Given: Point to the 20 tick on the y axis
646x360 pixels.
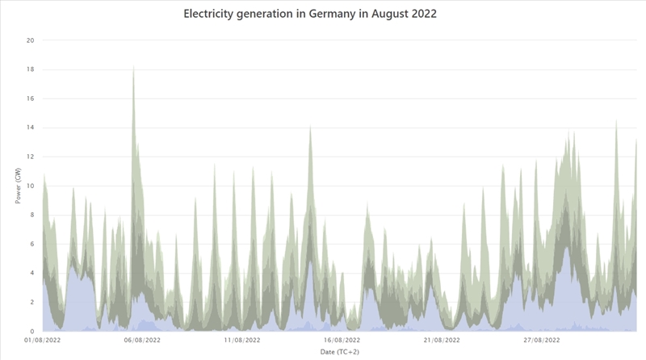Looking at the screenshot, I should click(31, 40).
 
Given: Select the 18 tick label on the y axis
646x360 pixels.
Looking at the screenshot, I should click(31, 69).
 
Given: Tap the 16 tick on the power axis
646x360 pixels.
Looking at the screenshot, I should click(31, 98).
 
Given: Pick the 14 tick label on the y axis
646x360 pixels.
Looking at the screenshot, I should click(31, 128).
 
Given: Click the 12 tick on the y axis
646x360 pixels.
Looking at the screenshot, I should click(31, 157).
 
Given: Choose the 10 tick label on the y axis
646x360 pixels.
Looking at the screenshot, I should click(31, 186).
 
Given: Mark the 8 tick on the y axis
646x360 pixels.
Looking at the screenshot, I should click(31, 215).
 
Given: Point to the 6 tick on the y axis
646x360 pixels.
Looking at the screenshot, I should click(31, 244).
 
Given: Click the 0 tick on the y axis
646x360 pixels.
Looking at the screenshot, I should click(31, 331).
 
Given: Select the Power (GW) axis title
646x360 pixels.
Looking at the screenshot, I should click(17, 186).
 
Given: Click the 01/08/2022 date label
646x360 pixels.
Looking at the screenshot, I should click(42, 341).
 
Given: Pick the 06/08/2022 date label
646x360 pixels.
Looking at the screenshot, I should click(142, 341).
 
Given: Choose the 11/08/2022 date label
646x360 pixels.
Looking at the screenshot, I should click(242, 341).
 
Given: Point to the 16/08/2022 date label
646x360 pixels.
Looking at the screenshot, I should click(342, 341).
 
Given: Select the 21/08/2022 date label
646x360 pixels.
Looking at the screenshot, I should click(442, 341).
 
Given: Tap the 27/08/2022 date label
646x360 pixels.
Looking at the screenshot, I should click(542, 341).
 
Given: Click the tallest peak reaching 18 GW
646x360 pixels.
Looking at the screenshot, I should click(133, 69).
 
